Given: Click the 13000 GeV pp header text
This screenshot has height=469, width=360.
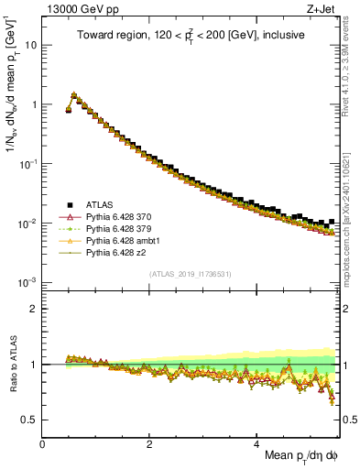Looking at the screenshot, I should point(81,9).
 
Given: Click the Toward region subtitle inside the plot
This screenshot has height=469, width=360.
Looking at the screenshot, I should point(189,35).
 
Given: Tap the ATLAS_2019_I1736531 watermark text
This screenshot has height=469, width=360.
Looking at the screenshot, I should point(189,273).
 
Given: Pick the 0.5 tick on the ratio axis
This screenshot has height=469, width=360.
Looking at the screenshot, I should point(30,420).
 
